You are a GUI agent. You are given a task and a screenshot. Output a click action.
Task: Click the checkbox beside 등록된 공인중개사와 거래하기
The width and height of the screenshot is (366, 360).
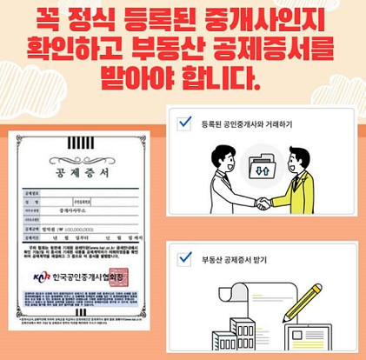[x=184, y=123]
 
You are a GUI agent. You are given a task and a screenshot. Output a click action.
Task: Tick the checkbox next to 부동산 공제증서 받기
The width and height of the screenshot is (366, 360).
[x=184, y=258]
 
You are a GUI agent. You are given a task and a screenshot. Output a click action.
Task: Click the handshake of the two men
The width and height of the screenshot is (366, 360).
[x=261, y=203]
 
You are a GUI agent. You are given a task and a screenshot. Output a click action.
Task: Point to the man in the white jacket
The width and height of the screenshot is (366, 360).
[x=223, y=183]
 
